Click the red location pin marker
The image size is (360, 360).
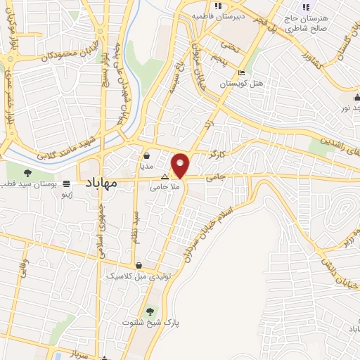[x=180, y=165]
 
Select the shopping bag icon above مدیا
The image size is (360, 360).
[x=146, y=156]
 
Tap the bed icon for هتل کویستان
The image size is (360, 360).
[x=242, y=72]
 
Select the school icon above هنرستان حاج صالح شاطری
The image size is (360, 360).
[x=306, y=8]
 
